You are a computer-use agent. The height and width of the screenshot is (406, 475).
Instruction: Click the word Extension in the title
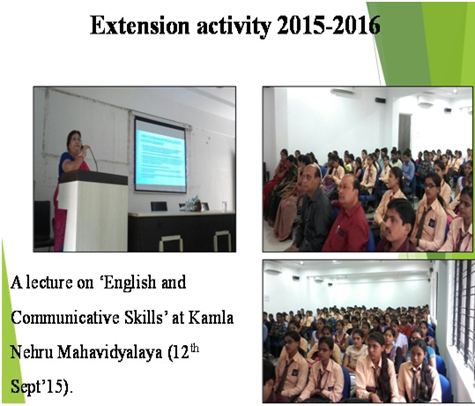139,26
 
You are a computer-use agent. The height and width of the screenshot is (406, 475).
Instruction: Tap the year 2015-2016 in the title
328,26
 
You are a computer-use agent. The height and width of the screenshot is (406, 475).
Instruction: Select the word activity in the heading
234,26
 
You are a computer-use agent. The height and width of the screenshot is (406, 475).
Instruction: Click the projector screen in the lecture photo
160,155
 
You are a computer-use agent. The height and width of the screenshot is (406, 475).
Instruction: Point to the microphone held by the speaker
83,147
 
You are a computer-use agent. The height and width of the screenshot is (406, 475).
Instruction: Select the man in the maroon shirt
347,219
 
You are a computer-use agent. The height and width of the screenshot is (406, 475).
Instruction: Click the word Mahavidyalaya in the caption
109,353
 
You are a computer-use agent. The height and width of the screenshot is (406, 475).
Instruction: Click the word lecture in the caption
49,282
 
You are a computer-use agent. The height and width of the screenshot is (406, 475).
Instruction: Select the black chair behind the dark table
159,206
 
